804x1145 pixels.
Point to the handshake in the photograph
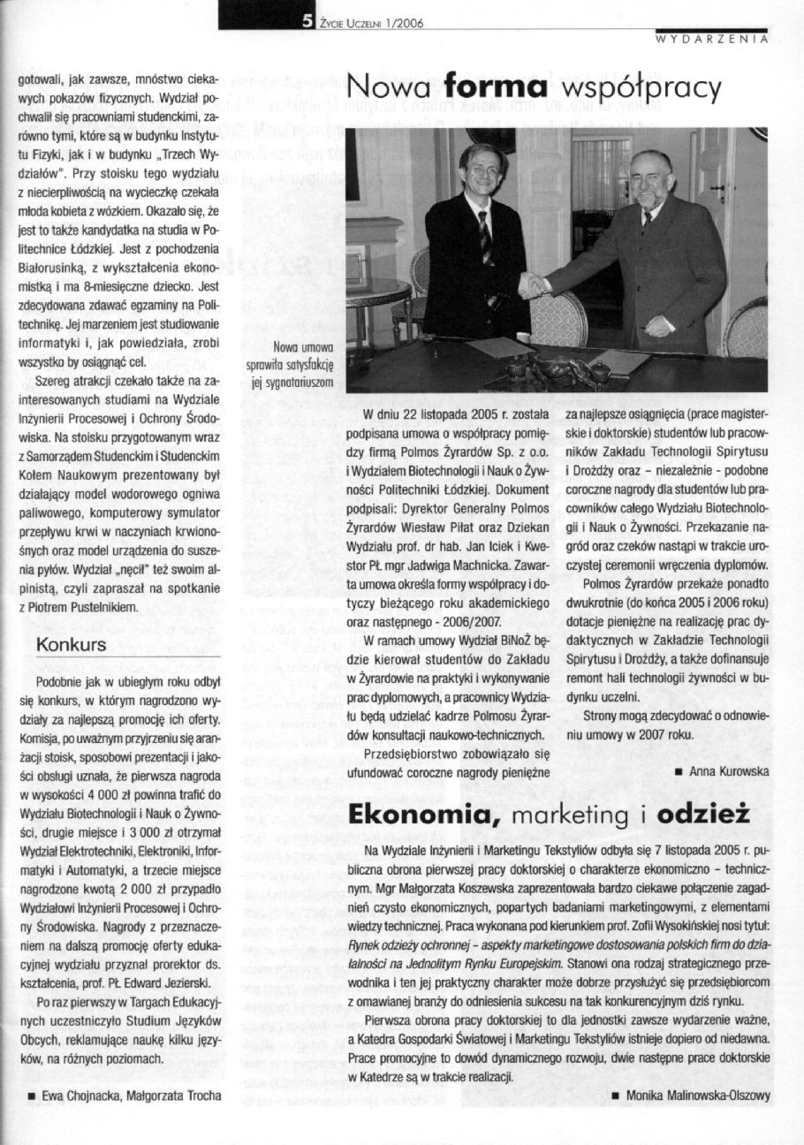click(533, 284)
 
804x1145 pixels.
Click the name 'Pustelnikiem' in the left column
click(102, 607)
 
